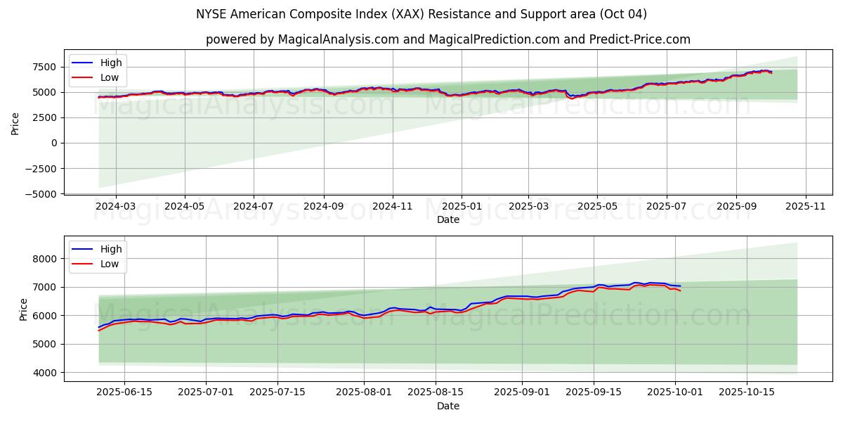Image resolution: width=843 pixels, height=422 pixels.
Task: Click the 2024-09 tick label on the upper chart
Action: point(324,206)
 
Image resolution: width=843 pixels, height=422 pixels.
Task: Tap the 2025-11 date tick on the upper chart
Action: point(806,206)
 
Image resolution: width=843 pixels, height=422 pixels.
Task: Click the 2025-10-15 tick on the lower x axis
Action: point(747,392)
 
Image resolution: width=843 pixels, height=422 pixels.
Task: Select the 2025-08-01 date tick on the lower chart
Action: point(364,392)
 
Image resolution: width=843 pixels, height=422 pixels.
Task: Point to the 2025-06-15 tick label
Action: point(124,392)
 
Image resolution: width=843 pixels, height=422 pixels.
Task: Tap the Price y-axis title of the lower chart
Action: point(24,309)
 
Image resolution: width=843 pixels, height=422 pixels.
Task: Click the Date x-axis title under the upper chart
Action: point(448,219)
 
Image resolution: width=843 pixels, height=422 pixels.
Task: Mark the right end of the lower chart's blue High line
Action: point(680,286)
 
